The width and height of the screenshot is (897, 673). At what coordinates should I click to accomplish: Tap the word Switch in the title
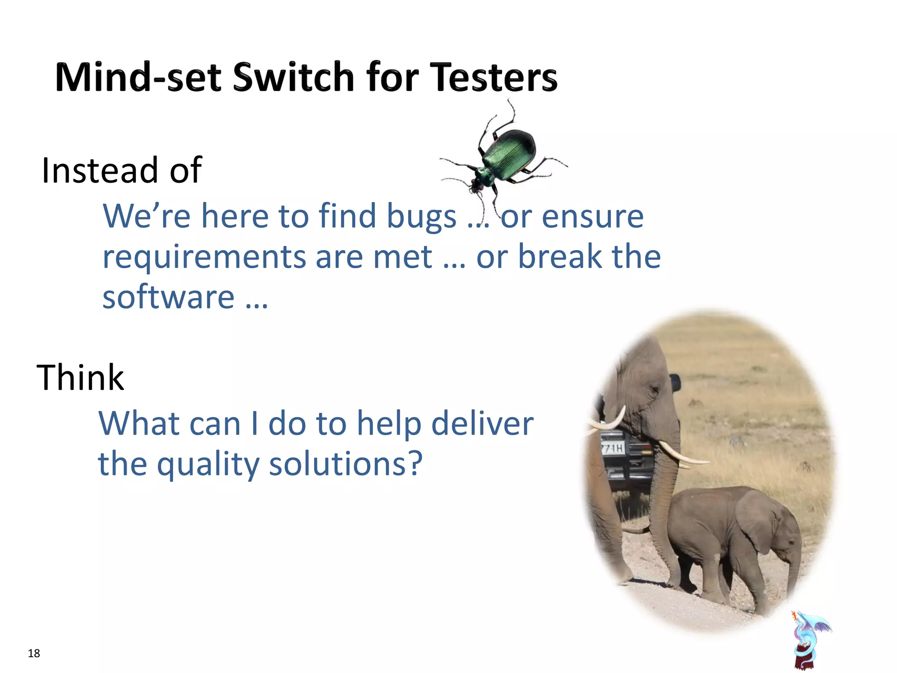(x=293, y=77)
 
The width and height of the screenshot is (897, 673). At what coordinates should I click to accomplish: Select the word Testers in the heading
(x=493, y=77)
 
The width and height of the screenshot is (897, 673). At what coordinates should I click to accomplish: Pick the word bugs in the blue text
(x=421, y=216)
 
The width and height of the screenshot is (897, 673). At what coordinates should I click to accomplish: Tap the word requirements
(x=204, y=257)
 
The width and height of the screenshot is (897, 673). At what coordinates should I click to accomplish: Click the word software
(x=168, y=297)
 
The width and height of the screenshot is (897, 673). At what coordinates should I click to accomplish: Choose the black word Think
(x=80, y=377)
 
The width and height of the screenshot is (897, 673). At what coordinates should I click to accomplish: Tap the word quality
(x=208, y=464)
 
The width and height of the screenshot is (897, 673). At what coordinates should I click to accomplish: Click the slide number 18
(x=34, y=653)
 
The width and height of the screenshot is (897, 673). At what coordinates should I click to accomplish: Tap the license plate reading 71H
(x=612, y=448)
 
